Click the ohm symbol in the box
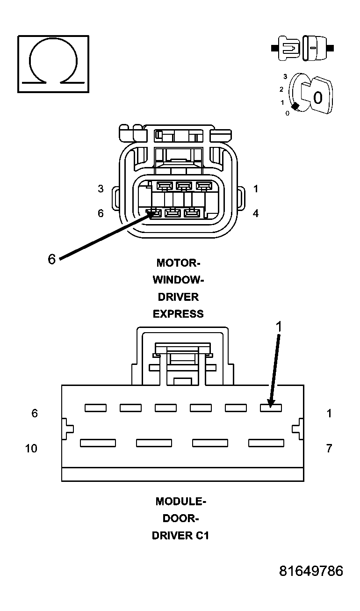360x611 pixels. coord(53,63)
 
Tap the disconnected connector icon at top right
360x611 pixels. coord(302,48)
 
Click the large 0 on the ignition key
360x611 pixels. coord(318,98)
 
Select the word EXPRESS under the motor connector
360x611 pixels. coord(178,314)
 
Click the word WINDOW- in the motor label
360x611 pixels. coord(178,280)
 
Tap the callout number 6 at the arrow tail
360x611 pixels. coord(52,259)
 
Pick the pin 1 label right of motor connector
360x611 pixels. coord(256,189)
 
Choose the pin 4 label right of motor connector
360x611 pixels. coord(256,213)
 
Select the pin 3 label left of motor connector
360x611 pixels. coord(101,189)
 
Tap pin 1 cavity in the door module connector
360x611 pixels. coord(271,408)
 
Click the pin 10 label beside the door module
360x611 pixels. coord(31,448)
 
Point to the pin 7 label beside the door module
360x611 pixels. coord(329,448)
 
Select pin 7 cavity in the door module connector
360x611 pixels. coord(266,443)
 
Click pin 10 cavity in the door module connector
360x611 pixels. coord(98,443)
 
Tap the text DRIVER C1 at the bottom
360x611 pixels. coord(180,536)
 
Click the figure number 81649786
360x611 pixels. coord(311,571)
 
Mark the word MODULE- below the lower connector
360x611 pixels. coord(180,502)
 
